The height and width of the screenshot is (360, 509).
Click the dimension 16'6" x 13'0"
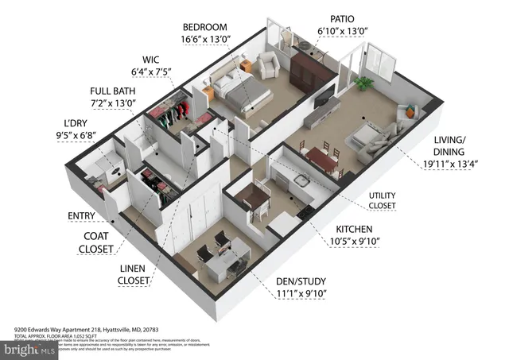tap(208, 40)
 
